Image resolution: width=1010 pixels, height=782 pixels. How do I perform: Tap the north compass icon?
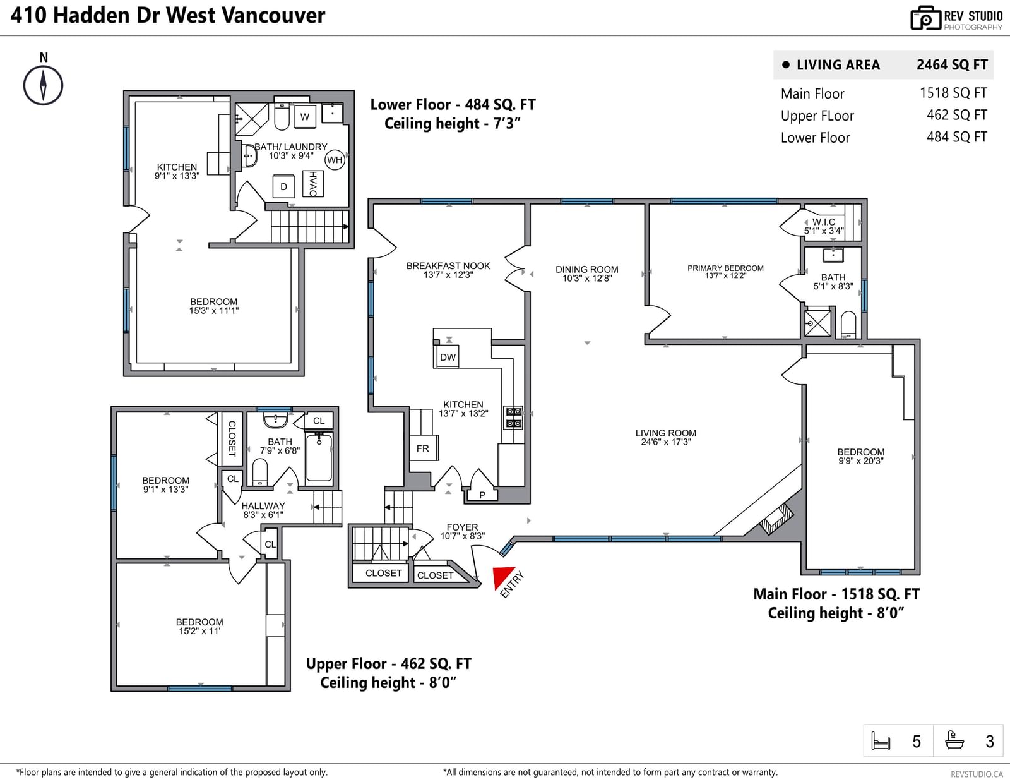(x=44, y=85)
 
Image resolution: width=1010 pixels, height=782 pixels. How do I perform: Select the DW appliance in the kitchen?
(x=448, y=357)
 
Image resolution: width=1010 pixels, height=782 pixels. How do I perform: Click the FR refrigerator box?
(x=423, y=448)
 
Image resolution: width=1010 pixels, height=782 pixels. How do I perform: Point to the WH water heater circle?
(x=335, y=160)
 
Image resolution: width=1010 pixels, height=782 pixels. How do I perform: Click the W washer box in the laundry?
(x=305, y=117)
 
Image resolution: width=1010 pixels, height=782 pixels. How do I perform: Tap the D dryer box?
(x=283, y=186)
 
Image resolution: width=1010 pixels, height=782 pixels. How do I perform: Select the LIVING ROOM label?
(x=665, y=433)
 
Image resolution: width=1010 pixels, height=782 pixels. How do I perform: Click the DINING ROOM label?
(x=586, y=270)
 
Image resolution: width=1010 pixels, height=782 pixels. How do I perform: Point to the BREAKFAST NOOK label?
(x=448, y=266)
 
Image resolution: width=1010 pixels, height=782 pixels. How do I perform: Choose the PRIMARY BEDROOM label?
(x=725, y=268)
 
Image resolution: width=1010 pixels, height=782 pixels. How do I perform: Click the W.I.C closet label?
(x=823, y=222)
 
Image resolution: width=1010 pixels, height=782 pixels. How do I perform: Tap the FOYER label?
(x=462, y=527)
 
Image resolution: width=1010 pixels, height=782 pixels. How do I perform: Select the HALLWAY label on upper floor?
(x=263, y=506)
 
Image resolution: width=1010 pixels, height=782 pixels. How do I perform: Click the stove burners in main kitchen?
(x=514, y=417)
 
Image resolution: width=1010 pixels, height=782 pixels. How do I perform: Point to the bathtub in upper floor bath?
(x=319, y=458)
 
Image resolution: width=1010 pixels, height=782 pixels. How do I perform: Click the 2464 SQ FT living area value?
(x=952, y=64)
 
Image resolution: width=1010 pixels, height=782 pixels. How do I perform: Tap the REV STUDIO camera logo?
(x=925, y=18)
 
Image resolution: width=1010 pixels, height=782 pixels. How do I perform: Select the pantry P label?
(x=482, y=495)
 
